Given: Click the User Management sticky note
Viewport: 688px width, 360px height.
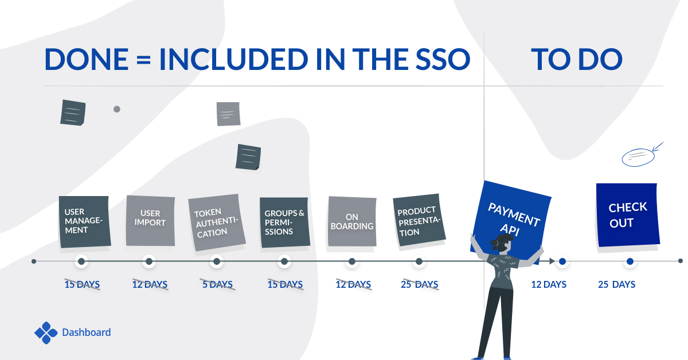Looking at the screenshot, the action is tap(85, 221).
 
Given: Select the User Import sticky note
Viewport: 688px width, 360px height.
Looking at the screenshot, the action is tap(150, 221).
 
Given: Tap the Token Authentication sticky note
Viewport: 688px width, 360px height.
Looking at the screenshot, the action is tap(217, 222).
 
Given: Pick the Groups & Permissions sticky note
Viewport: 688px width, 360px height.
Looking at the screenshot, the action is tap(285, 222).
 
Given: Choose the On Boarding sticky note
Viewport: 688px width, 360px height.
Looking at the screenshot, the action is tap(352, 221).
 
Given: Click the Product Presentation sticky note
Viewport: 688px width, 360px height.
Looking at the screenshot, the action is tap(419, 220).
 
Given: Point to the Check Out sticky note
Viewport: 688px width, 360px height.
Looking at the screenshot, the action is tap(627, 215).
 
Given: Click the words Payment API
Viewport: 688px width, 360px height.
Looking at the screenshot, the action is tap(514, 219).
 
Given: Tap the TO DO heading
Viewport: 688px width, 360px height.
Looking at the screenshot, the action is tap(577, 59).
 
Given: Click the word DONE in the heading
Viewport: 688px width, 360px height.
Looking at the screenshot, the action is tap(87, 59).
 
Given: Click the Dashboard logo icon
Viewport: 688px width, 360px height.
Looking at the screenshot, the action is tap(46, 332).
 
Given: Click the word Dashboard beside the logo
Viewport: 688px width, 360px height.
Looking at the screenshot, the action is tap(87, 332).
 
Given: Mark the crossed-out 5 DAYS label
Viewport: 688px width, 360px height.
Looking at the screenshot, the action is tap(217, 284).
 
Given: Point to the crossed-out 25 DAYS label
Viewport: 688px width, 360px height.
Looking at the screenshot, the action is tap(420, 284).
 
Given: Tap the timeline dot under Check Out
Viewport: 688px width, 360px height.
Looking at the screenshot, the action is tap(630, 261).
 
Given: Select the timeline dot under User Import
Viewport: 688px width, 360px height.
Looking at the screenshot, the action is tap(149, 261).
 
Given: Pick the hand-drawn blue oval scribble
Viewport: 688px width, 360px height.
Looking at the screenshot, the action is tap(638, 157).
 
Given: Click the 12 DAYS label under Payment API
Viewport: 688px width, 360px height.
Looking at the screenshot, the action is tap(549, 284).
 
